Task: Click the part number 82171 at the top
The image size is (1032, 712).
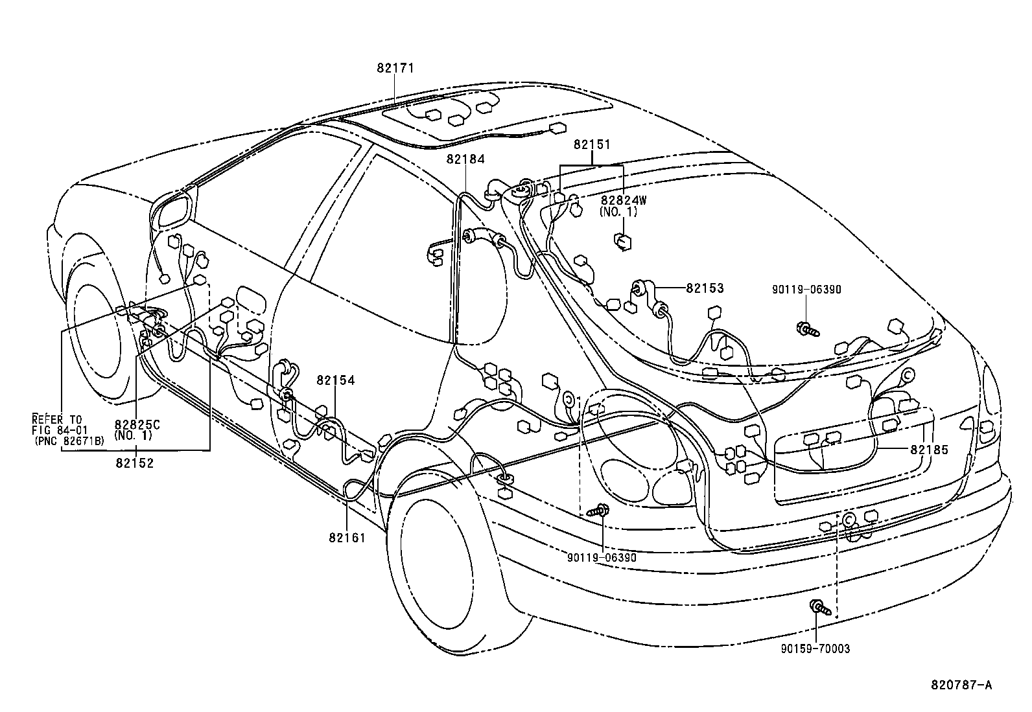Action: (395, 68)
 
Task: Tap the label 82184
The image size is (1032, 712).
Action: (465, 159)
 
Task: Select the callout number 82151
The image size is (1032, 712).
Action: (592, 145)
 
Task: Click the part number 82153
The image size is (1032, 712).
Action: (705, 288)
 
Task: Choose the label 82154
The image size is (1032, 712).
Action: (336, 380)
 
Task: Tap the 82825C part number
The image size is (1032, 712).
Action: (137, 424)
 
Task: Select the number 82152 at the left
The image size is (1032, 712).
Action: (135, 463)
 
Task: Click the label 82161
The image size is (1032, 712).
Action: (347, 538)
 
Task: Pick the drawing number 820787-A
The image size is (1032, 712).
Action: (962, 685)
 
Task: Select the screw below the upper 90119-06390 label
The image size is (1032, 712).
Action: (808, 330)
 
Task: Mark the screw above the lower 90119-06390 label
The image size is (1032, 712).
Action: (599, 511)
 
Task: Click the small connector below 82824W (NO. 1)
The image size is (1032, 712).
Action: (622, 241)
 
